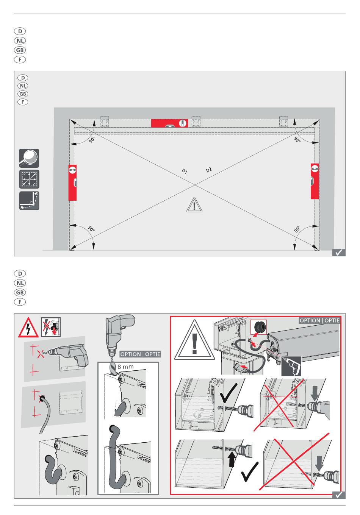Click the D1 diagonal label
click(x=185, y=172)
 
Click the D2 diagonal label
click(x=208, y=170)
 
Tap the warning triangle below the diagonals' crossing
click(x=194, y=205)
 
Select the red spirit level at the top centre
click(x=169, y=123)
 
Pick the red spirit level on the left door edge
click(x=72, y=183)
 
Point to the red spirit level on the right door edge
click(x=315, y=181)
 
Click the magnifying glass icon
click(x=29, y=158)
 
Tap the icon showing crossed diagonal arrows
click(x=29, y=179)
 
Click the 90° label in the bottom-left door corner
click(x=91, y=229)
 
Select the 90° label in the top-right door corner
click(x=297, y=140)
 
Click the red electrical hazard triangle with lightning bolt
click(x=28, y=328)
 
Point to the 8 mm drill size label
click(x=125, y=367)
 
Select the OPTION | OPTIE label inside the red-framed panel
click(x=319, y=320)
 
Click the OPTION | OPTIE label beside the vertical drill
click(x=140, y=354)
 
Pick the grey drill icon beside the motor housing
click(x=291, y=366)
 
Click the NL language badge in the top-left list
click(x=20, y=41)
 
